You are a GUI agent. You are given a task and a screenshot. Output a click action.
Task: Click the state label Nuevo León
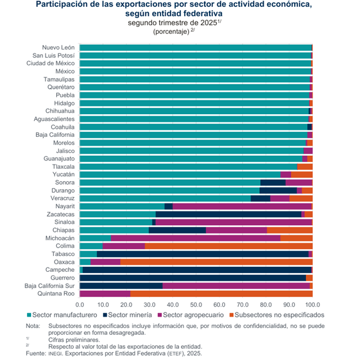pyautogui.click(x=59, y=48)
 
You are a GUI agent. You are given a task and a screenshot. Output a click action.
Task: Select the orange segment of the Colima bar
pyautogui.click(x=228, y=246)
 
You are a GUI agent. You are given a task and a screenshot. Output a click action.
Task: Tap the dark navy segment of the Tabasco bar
pyautogui.click(x=202, y=254)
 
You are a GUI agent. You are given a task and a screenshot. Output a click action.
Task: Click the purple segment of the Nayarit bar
pyautogui.click(x=242, y=207)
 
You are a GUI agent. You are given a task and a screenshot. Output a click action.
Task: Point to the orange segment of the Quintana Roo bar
pyautogui.click(x=221, y=294)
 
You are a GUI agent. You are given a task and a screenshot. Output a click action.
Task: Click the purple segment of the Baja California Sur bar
pyautogui.click(x=236, y=286)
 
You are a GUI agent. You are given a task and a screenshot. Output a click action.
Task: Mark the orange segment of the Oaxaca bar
pyautogui.click(x=216, y=262)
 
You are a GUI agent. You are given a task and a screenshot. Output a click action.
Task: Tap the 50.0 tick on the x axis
pyautogui.click(x=196, y=304)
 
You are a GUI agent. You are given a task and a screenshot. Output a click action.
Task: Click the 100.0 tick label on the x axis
pyautogui.click(x=312, y=304)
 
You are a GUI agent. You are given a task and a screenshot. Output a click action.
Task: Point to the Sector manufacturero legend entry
pyautogui.click(x=62, y=315)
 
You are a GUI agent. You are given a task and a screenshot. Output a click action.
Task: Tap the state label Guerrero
pyautogui.click(x=62, y=278)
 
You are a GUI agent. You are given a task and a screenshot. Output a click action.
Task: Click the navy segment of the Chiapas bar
pyautogui.click(x=177, y=230)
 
